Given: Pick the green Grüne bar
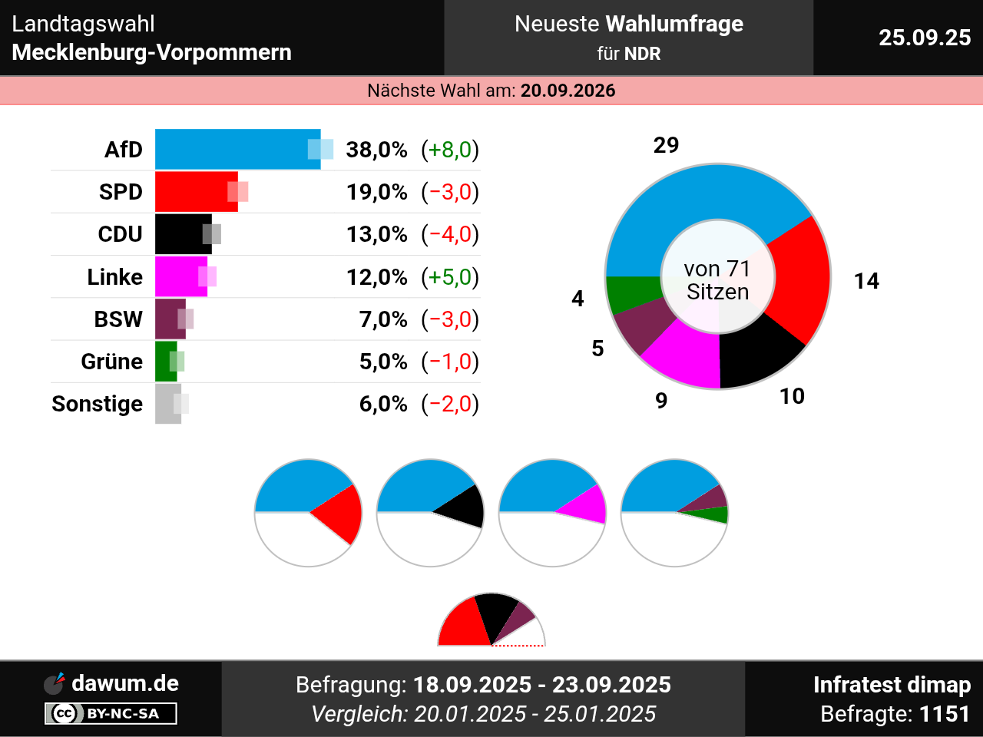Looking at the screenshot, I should (x=165, y=362).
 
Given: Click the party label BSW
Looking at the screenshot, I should (x=118, y=319).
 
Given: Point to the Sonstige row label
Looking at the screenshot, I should (x=98, y=404).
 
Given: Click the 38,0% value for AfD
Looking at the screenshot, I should (x=376, y=150).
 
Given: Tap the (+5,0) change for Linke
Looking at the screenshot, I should (x=450, y=277).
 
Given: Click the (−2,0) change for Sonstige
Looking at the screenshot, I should (x=450, y=404).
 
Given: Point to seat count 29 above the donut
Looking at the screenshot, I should (x=666, y=145).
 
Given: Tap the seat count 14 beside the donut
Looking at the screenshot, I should (x=866, y=281).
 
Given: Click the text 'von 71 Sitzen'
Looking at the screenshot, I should (x=717, y=280).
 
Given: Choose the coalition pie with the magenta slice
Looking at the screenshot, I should (x=552, y=512).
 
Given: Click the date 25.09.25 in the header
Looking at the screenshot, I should (x=925, y=38).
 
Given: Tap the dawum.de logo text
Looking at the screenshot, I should (x=124, y=683).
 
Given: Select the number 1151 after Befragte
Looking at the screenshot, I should (x=945, y=714).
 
